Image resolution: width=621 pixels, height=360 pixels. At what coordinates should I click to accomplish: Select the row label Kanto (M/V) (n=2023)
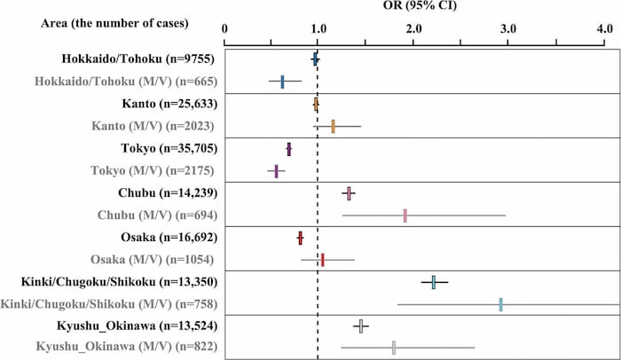(x=151, y=126)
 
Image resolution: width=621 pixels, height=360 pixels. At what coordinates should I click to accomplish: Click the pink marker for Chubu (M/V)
(x=405, y=215)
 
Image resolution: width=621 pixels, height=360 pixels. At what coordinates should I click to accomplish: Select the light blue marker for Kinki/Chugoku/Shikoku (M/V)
(x=500, y=304)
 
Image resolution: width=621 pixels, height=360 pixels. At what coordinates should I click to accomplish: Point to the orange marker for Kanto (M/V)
(x=333, y=127)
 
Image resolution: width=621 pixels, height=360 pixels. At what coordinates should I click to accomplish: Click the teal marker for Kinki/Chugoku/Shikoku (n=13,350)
(x=434, y=282)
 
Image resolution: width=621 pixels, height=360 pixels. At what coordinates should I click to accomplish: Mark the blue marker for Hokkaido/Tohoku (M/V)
(x=282, y=82)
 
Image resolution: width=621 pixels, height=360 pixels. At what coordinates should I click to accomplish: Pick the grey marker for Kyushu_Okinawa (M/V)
(x=394, y=348)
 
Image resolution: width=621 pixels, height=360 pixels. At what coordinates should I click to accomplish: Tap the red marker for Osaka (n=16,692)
(x=300, y=238)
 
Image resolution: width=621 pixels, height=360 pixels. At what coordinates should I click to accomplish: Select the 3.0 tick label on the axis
(x=508, y=29)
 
